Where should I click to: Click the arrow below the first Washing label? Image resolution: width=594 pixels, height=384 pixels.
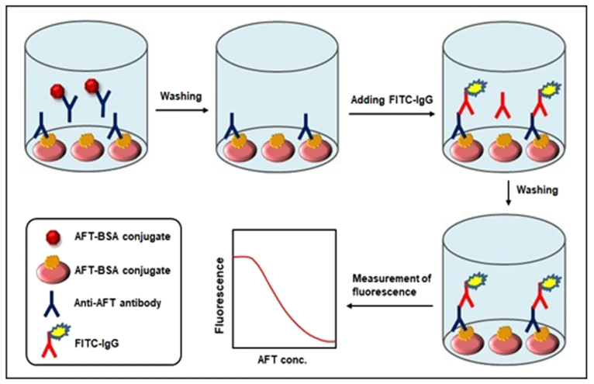[x=182, y=110]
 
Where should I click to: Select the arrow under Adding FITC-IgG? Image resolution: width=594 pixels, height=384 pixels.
[x=392, y=113]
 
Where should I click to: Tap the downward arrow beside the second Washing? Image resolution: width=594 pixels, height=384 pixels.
[x=509, y=195]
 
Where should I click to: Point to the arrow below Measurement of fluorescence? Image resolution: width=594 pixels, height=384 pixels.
[x=390, y=306]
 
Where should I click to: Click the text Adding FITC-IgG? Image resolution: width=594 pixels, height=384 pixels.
[x=392, y=100]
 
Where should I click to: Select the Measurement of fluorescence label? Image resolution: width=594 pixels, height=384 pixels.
[x=392, y=285]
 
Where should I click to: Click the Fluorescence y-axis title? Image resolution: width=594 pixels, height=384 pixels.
[x=219, y=296]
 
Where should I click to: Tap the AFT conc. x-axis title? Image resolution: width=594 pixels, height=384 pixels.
[x=282, y=360]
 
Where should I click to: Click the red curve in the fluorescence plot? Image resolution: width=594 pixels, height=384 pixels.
[x=284, y=299]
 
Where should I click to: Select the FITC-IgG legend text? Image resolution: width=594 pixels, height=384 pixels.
[x=97, y=344]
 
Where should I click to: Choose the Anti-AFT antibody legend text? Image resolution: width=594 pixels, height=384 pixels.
[x=117, y=303]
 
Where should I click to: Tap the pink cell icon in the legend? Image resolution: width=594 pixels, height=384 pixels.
[x=53, y=270]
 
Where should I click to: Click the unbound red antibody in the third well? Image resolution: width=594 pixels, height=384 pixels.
[x=502, y=106]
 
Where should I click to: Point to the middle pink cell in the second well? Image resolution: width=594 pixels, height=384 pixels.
[x=278, y=148]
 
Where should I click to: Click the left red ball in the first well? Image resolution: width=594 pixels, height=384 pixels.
[x=57, y=92]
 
